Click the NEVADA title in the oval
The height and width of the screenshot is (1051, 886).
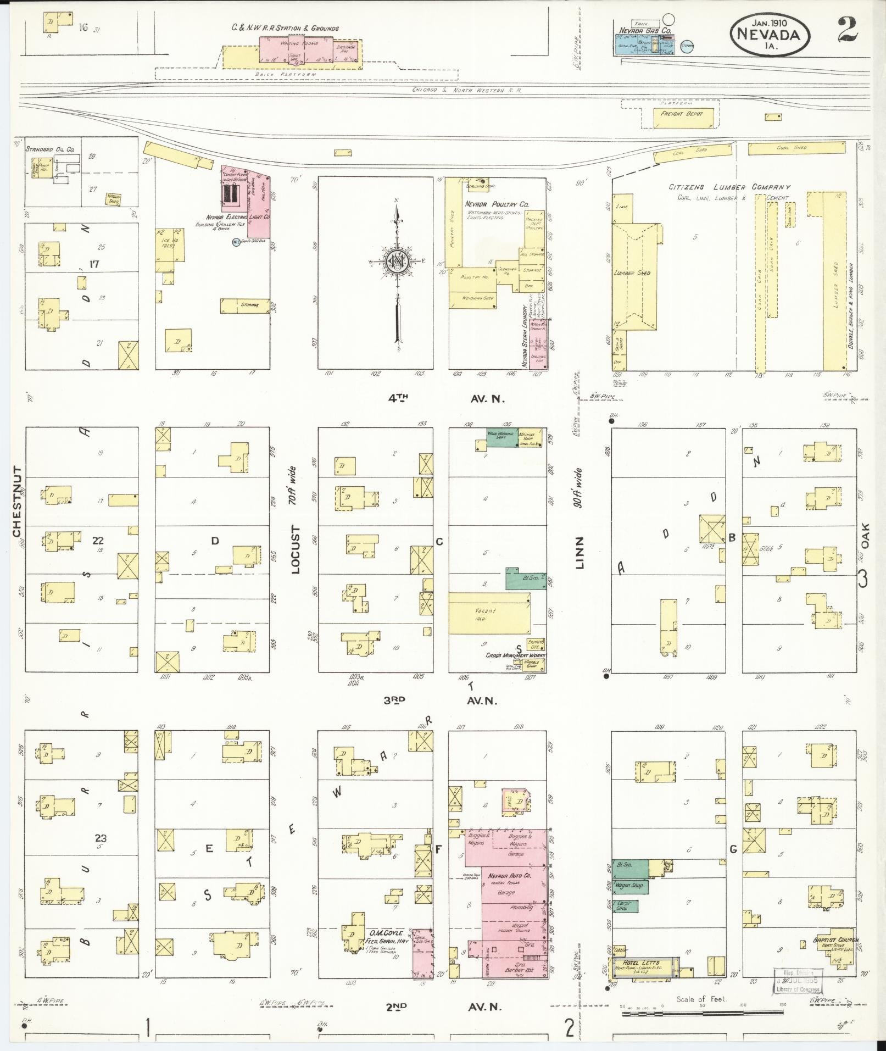[x=771, y=35]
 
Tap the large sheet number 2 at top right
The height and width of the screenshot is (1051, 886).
[x=848, y=29]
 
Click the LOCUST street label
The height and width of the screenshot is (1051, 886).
[x=296, y=549]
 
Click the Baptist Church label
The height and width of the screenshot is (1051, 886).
[x=835, y=940]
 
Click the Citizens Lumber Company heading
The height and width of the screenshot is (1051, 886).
[x=729, y=187]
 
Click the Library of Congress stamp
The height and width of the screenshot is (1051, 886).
[x=798, y=981]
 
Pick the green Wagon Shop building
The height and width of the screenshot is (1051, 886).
[x=630, y=886]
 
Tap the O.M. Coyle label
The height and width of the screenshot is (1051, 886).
[x=387, y=933]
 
